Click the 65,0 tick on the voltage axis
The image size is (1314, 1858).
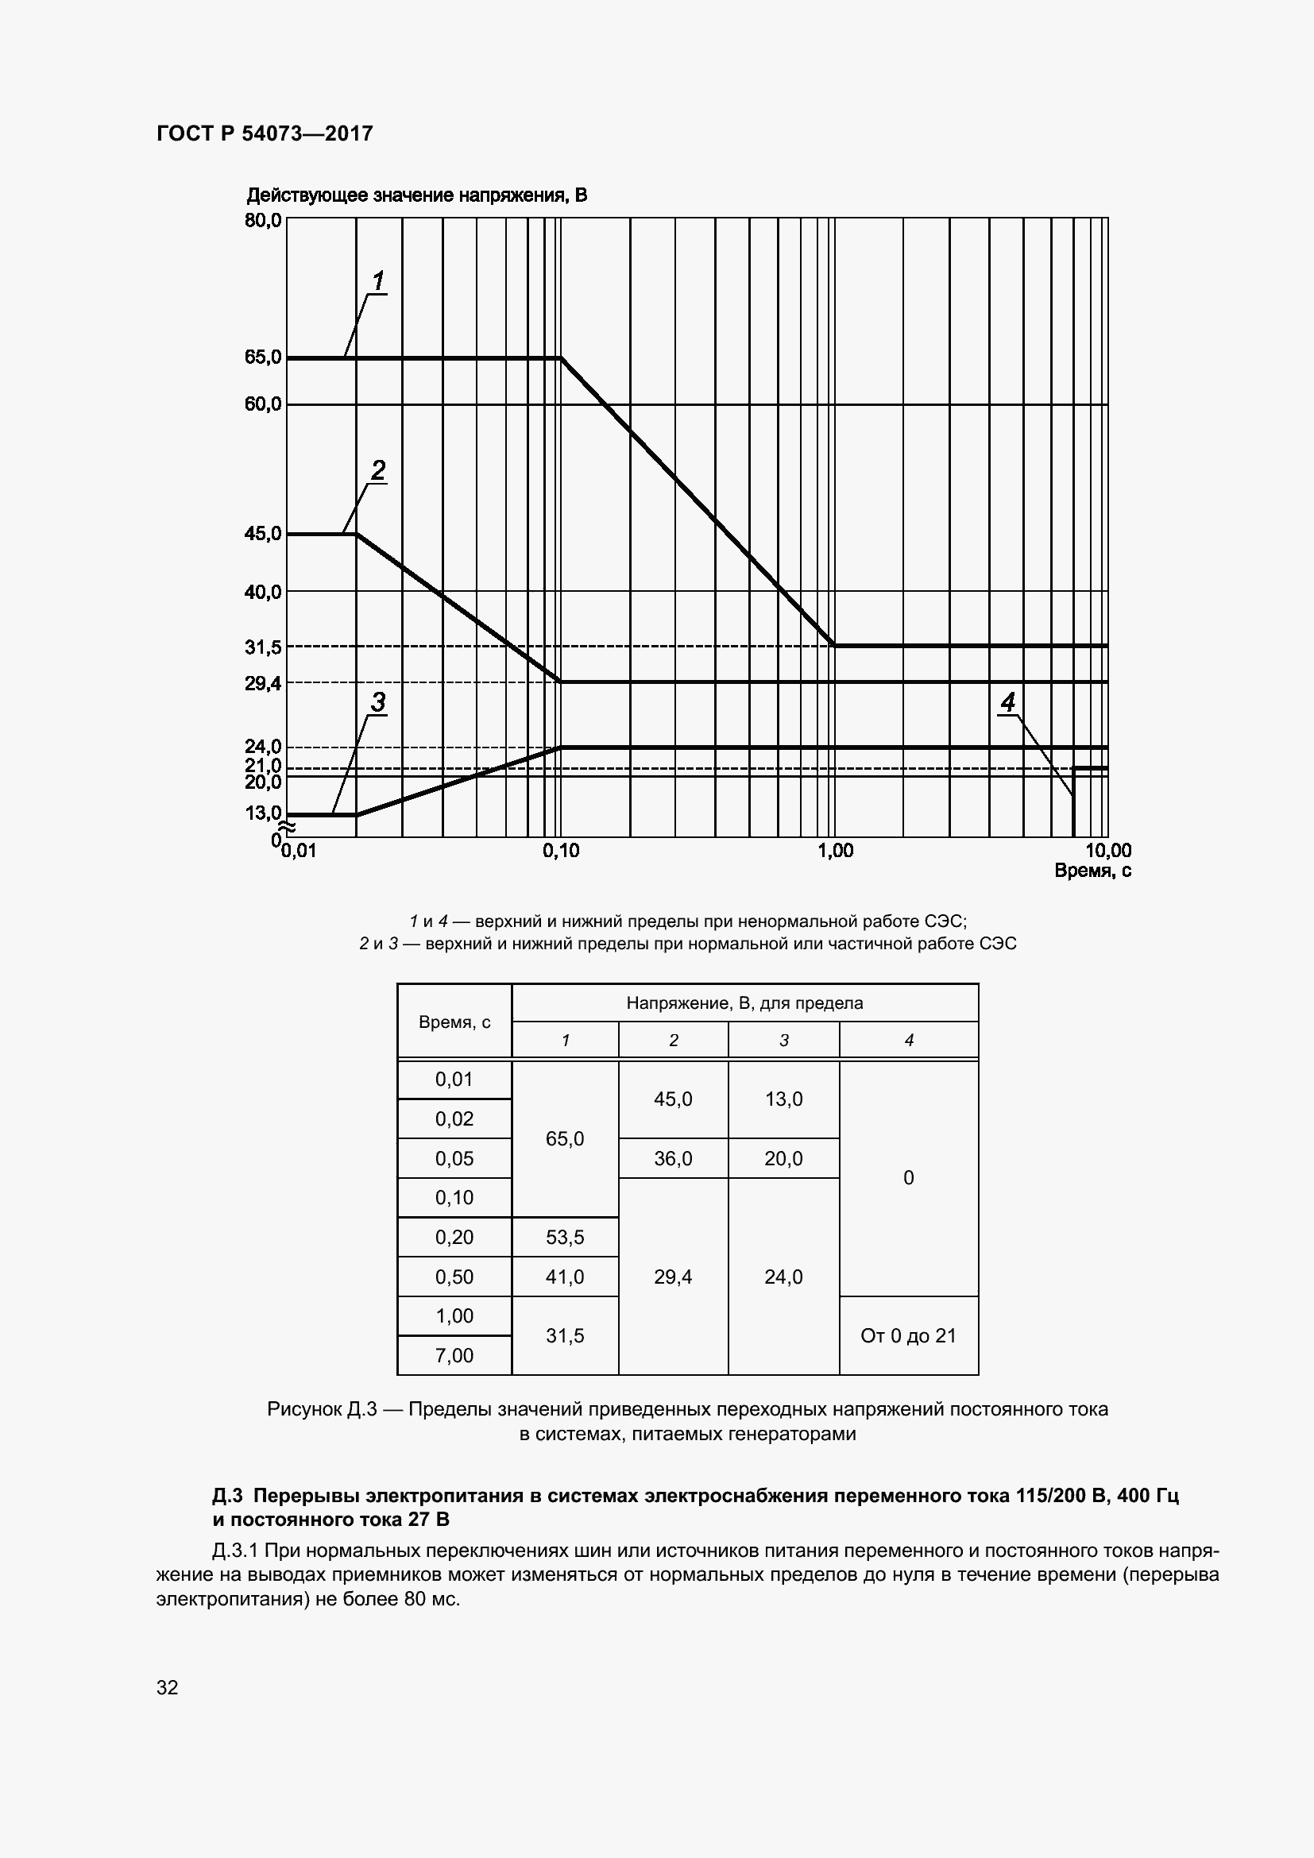point(263,357)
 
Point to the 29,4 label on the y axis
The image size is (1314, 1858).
point(263,684)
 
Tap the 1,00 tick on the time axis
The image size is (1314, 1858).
point(835,851)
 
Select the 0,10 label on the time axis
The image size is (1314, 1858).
point(561,851)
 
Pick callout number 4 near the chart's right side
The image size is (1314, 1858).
point(1007,702)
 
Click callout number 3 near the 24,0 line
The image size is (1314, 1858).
point(378,702)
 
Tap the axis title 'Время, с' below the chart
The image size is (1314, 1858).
point(1092,871)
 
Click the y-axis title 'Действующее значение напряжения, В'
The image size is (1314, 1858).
point(417,195)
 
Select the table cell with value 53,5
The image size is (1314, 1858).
point(565,1237)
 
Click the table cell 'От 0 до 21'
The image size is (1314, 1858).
point(908,1335)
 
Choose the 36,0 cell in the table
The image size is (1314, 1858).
point(672,1158)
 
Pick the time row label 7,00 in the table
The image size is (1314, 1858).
point(454,1354)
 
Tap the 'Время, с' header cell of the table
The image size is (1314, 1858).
point(454,1022)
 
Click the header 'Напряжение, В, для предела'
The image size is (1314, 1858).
point(744,1002)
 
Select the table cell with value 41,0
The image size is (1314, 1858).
point(565,1277)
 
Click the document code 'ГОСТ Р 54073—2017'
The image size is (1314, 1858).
point(265,133)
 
